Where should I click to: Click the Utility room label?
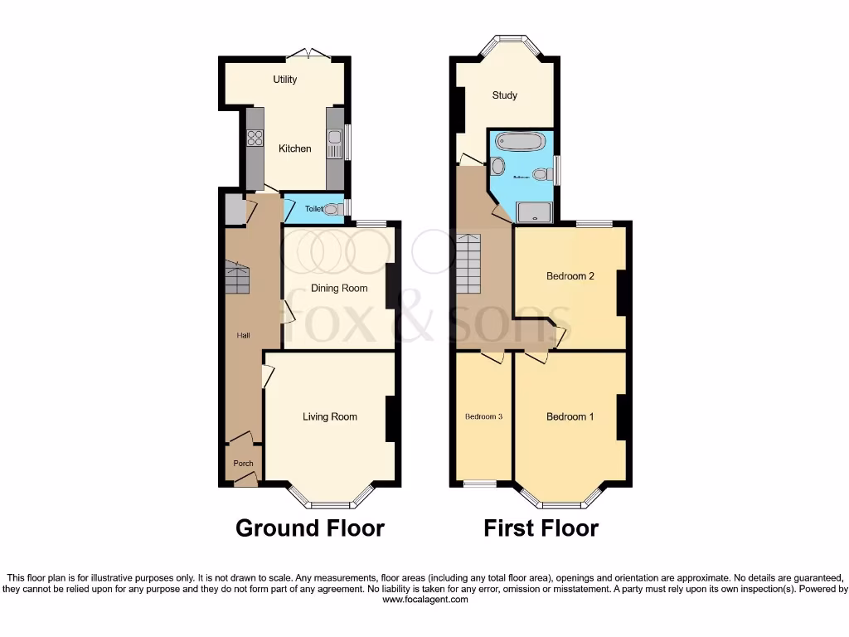click(285, 80)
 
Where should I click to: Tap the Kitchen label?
click(294, 148)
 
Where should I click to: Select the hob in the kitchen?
click(255, 139)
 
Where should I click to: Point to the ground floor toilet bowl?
click(333, 209)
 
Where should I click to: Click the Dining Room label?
click(338, 289)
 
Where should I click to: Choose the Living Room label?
click(329, 416)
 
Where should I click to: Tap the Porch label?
click(243, 464)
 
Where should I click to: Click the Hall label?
click(244, 335)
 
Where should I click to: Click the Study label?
click(504, 95)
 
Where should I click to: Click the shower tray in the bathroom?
click(535, 213)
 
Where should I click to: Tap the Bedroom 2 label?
click(570, 277)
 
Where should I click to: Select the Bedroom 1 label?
click(570, 417)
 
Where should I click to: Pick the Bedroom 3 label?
click(483, 417)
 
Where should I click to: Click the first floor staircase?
click(469, 261)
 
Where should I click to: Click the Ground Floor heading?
click(310, 528)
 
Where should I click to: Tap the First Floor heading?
click(541, 528)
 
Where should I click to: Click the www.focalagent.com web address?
click(424, 600)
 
